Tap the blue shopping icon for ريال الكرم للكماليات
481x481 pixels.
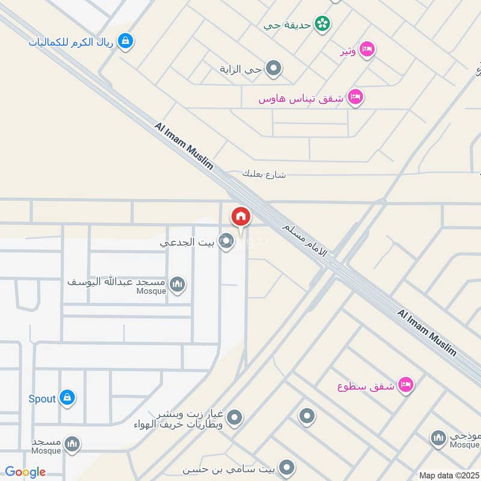[126, 41]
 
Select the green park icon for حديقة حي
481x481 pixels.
[323, 24]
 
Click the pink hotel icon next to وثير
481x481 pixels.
[367, 50]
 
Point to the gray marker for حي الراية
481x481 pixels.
[274, 69]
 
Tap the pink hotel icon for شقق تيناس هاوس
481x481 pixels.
[355, 97]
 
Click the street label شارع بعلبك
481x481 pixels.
[264, 174]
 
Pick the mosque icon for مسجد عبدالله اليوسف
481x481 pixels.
[177, 284]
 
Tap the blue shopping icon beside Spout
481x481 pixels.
[67, 398]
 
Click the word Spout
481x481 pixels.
[42, 398]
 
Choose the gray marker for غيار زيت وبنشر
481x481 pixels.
[234, 417]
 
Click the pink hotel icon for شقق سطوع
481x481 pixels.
[406, 385]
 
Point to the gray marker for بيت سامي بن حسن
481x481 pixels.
[287, 467]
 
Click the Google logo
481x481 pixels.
[25, 472]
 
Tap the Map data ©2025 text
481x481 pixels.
[449, 475]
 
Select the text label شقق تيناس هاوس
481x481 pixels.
[301, 98]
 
